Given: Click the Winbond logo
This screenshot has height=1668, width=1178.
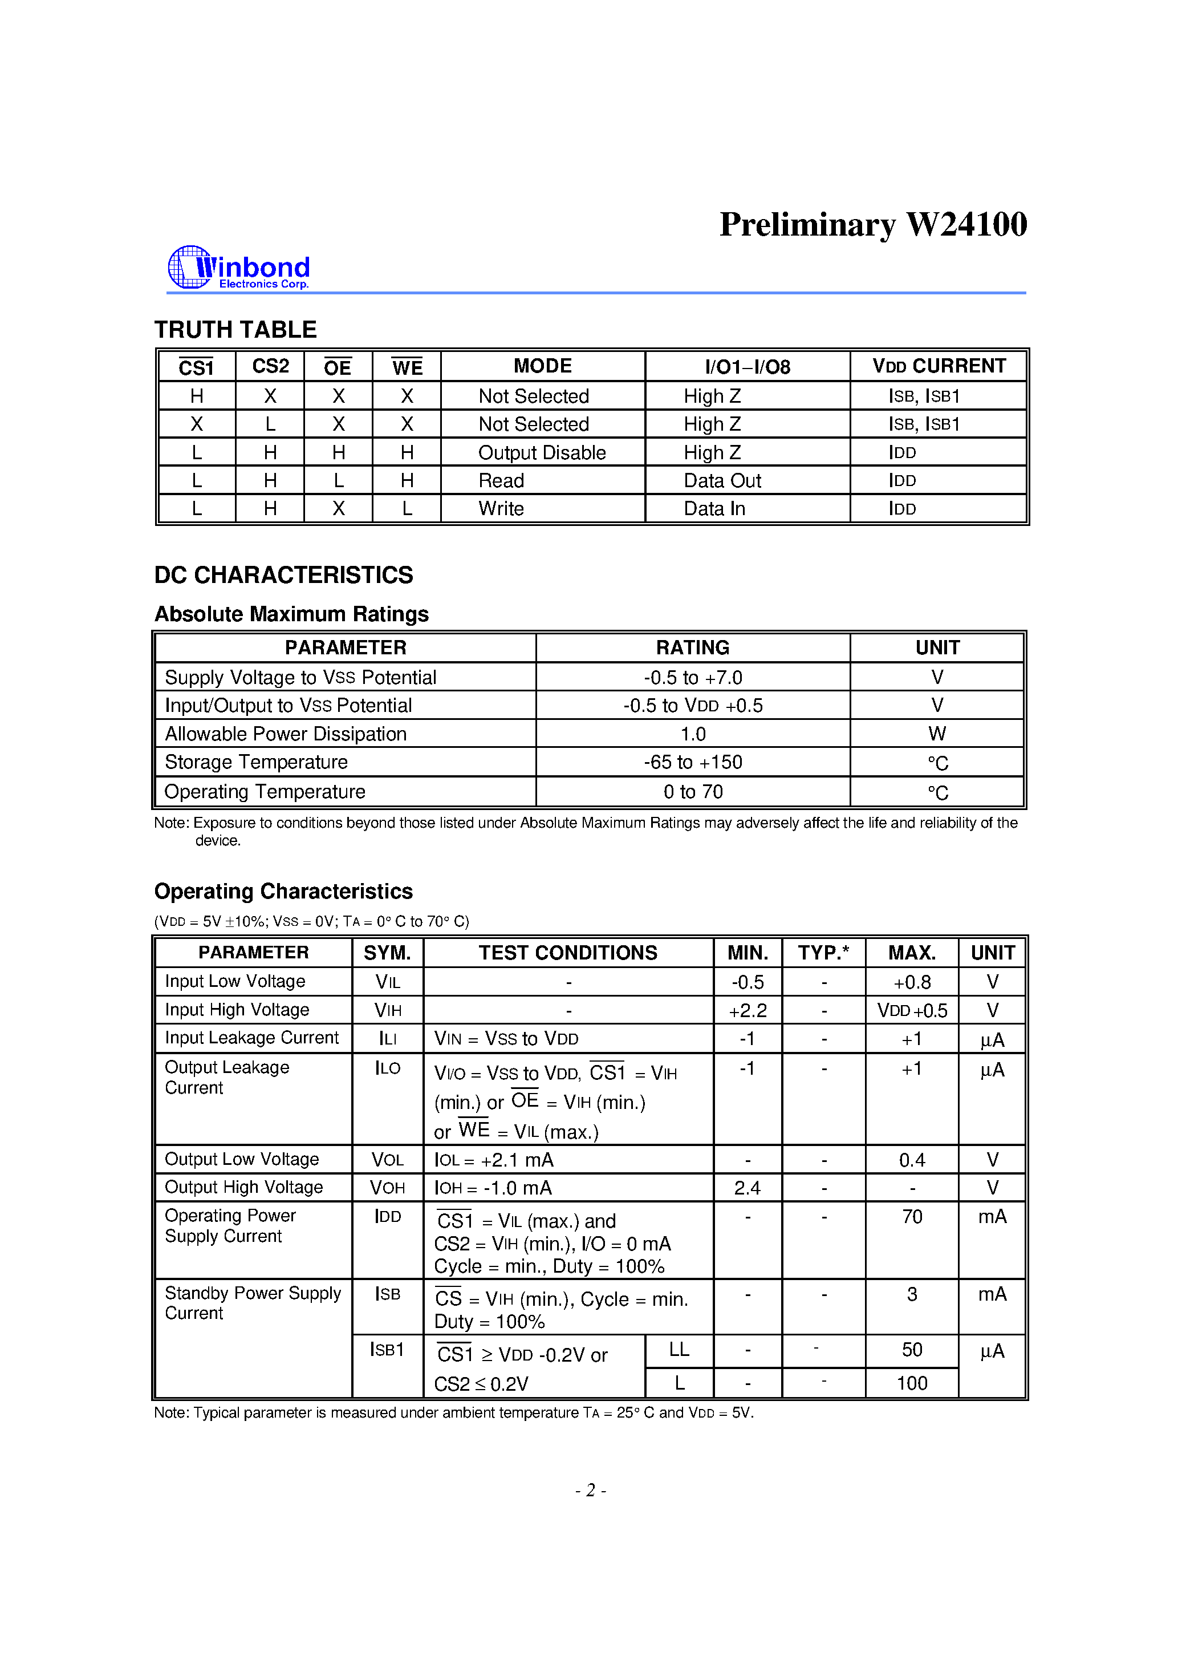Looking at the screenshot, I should [239, 268].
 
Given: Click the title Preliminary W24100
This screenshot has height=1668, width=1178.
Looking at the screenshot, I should [872, 225].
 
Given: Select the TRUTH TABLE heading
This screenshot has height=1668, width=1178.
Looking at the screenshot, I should [235, 329].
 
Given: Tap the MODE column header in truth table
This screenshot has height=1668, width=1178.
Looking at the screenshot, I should [542, 366].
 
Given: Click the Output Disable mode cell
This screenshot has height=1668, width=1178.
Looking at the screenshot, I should [542, 452].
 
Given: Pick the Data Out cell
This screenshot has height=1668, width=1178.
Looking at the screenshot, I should [722, 481].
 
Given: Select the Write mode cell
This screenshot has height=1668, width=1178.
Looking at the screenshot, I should [501, 508].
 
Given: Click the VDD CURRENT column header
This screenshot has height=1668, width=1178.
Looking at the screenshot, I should [939, 366].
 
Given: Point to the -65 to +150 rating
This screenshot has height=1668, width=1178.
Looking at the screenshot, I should [692, 762].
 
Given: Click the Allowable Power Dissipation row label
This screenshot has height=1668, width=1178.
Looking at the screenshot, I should [286, 734].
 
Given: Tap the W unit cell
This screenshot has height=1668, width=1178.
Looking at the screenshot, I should [937, 734].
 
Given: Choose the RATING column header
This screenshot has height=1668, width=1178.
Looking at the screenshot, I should [692, 647].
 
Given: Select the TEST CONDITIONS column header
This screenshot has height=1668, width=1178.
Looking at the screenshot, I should [567, 953].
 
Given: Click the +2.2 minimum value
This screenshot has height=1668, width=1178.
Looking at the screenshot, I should [748, 1010].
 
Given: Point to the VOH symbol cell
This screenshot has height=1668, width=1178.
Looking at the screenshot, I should [387, 1188].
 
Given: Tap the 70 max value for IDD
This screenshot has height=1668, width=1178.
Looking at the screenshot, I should [912, 1217].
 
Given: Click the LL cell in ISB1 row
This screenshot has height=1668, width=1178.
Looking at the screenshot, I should [679, 1350].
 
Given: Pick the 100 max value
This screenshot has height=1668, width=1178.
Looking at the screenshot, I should [912, 1383].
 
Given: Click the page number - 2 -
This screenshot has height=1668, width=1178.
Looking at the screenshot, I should [591, 1491].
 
